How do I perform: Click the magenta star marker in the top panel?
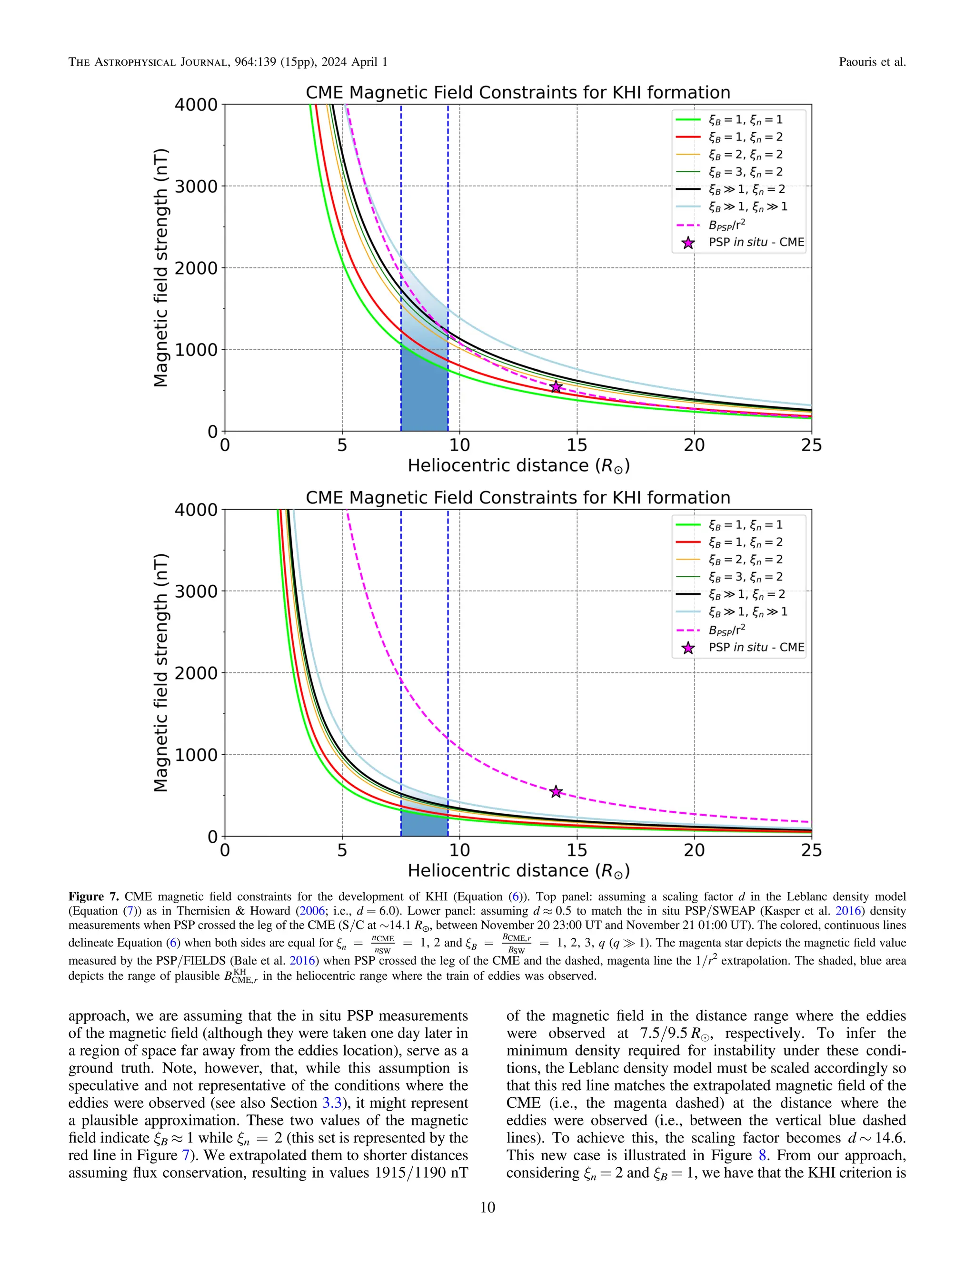pyautogui.click(x=556, y=387)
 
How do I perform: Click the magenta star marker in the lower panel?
pyautogui.click(x=556, y=792)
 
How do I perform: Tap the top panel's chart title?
pyautogui.click(x=517, y=92)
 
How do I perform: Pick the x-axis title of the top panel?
pyautogui.click(x=518, y=466)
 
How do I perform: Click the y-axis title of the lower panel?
pyautogui.click(x=161, y=673)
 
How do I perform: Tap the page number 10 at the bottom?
pyautogui.click(x=487, y=1207)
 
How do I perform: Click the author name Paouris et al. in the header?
pyautogui.click(x=872, y=62)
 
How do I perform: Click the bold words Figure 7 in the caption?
pyautogui.click(x=94, y=896)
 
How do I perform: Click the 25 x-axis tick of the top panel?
pyautogui.click(x=811, y=445)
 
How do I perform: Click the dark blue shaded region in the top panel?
pyautogui.click(x=424, y=393)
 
